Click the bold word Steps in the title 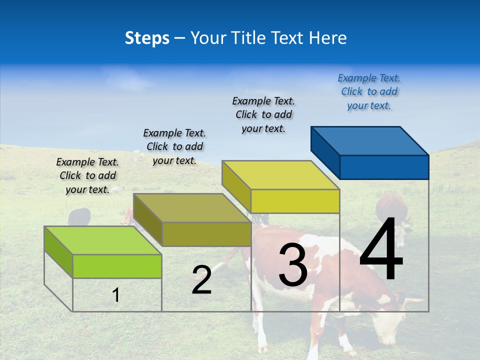point(147,38)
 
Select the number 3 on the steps point(292,265)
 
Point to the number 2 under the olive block point(201,280)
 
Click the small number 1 point(116,295)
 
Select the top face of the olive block point(192,208)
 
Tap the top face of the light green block point(103,240)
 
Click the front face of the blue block point(384,167)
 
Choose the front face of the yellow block point(295,201)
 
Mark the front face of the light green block point(117,266)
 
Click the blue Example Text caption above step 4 point(369,92)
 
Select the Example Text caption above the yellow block point(263,114)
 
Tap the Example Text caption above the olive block point(174,146)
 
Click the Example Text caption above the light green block point(87,175)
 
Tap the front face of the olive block point(206,234)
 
